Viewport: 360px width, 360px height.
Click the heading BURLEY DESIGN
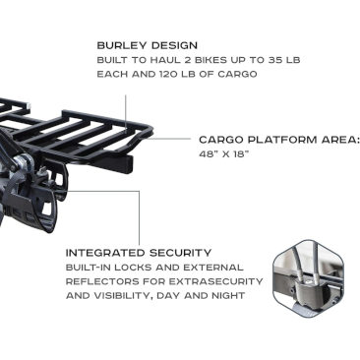(x=148, y=45)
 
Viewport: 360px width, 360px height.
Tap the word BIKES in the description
(x=205, y=60)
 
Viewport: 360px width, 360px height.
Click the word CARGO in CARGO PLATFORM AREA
(x=221, y=140)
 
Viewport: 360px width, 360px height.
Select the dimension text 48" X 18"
(x=224, y=153)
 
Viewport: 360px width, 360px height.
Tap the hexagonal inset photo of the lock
(x=308, y=278)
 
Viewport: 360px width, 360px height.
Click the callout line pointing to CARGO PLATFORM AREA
(x=168, y=139)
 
